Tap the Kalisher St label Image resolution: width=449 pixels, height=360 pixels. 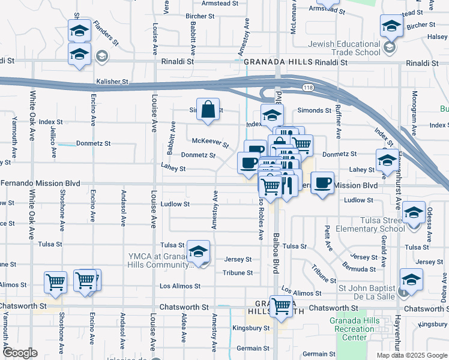tap(112, 81)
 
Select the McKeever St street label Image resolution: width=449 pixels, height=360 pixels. tap(210, 143)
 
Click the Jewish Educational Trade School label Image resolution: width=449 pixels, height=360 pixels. tap(345, 49)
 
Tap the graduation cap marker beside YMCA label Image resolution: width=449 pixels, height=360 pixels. tap(197, 252)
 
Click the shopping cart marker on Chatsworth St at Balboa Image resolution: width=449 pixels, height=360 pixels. tap(281, 306)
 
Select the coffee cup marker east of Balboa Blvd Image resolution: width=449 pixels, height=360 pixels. tap(322, 182)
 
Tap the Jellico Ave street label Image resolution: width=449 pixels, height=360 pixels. tap(54, 137)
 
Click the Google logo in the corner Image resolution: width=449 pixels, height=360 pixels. tap(20, 353)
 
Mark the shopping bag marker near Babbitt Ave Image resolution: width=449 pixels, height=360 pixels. tap(208, 110)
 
